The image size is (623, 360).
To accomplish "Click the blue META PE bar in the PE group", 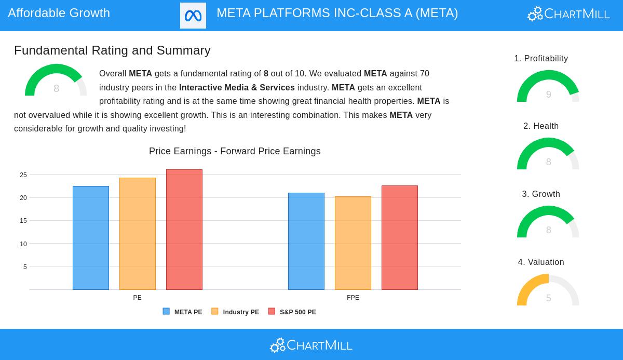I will click(91, 238).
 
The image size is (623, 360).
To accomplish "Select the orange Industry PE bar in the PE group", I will click(138, 234).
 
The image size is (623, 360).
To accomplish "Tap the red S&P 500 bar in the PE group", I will click(184, 230).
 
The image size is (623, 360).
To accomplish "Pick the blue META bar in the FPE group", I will click(306, 241).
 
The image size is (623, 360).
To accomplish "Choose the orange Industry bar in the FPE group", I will click(353, 243).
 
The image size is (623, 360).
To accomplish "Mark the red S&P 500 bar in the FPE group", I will click(400, 237).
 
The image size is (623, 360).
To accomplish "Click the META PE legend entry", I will click(183, 312).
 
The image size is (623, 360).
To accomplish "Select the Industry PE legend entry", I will click(235, 312).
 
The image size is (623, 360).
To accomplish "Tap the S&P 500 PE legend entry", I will click(292, 312).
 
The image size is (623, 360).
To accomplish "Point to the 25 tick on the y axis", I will click(23, 175).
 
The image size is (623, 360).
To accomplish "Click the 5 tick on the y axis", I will click(25, 267).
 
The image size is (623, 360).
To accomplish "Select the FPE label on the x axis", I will click(353, 298).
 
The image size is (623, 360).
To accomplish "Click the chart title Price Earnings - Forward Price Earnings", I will click(235, 151).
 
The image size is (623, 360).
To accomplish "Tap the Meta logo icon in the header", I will click(193, 16).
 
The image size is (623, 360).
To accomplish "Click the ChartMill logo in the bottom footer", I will click(311, 345).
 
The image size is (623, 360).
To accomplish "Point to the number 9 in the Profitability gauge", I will click(548, 95).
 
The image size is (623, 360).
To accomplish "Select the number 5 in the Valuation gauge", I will click(548, 298).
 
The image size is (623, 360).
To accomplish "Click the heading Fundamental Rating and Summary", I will click(112, 50).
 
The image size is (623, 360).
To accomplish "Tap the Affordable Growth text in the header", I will click(59, 13).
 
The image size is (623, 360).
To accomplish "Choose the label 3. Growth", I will click(541, 194).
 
